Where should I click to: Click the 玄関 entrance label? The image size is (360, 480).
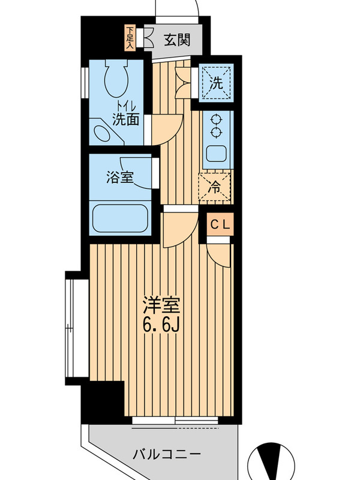coord(177,40)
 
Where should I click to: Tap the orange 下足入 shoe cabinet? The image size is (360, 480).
coord(130,38)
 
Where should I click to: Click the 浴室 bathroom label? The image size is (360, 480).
coord(120,177)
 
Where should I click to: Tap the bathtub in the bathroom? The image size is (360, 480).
coord(120,218)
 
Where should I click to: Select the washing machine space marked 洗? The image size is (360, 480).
coord(216,83)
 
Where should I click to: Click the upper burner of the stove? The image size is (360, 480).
coord(216,119)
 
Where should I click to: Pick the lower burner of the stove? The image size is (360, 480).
coord(216,132)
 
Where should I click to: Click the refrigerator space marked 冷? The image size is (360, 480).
coord(215,187)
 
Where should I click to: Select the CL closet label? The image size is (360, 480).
coord(220,226)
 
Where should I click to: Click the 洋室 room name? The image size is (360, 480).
coord(161,305)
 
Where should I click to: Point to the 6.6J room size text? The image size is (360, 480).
coord(161,326)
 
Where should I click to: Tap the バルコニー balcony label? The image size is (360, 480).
coord(167,454)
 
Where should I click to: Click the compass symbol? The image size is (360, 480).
coord(271,461)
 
